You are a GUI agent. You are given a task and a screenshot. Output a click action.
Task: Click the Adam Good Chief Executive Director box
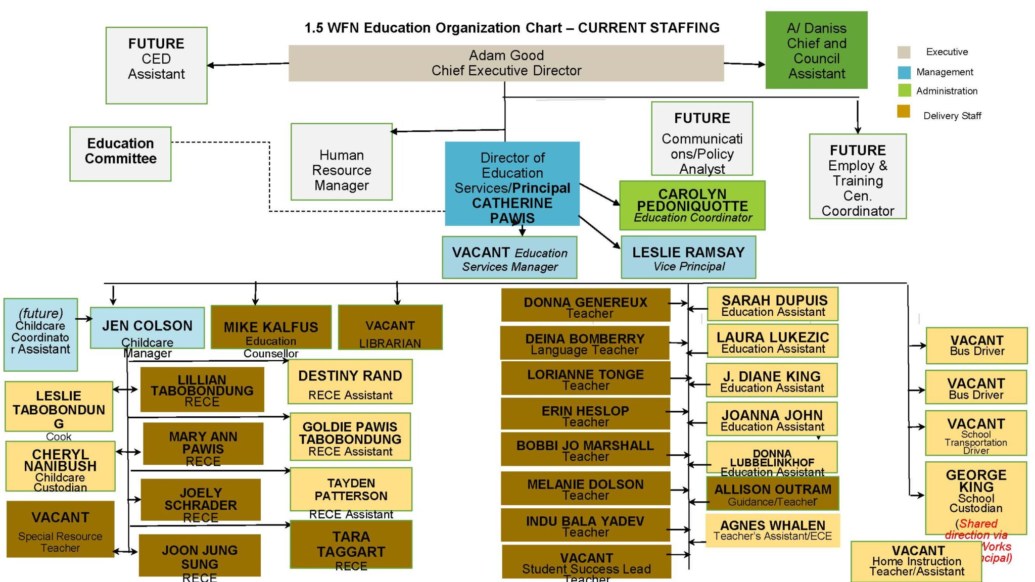[x=506, y=63]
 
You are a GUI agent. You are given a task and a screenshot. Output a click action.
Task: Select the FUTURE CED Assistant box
[x=156, y=66]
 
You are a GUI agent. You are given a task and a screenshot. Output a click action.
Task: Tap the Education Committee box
[x=120, y=154]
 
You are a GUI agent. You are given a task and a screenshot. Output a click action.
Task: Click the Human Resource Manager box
[x=342, y=162]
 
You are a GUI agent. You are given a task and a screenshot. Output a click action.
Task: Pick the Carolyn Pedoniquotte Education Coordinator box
[x=692, y=205]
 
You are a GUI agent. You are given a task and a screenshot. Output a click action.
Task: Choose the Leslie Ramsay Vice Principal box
[x=688, y=257]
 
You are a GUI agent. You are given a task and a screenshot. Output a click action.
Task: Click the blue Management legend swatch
[x=904, y=72]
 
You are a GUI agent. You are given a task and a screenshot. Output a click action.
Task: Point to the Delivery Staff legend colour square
[x=904, y=111]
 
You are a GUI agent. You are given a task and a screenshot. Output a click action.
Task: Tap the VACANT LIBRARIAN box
[x=390, y=327]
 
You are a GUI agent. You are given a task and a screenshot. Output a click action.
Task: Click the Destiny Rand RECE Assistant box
[x=350, y=382]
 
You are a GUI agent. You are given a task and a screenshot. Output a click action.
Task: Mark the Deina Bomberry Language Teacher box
[x=585, y=343]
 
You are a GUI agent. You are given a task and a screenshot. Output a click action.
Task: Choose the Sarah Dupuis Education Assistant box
[x=773, y=304]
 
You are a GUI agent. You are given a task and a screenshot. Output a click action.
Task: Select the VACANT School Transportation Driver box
[x=976, y=433]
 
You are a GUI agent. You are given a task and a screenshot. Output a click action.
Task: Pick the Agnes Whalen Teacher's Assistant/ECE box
[x=773, y=530]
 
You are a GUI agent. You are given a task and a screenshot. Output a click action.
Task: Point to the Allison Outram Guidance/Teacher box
[x=773, y=494]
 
